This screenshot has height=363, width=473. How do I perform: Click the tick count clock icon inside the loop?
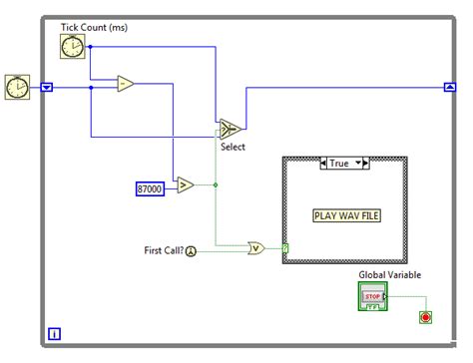[73, 47]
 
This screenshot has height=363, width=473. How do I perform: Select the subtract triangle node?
[126, 85]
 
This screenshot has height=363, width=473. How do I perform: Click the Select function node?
[231, 129]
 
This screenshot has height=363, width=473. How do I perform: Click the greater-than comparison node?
[186, 184]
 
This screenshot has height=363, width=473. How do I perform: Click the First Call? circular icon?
[192, 251]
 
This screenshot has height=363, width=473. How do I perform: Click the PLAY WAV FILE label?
[344, 213]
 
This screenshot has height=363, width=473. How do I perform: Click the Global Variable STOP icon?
[372, 297]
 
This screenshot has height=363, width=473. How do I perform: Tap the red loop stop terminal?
[427, 317]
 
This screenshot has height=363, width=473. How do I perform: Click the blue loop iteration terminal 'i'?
[54, 333]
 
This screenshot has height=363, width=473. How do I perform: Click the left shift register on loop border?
[47, 87]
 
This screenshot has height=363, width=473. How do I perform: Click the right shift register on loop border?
[449, 87]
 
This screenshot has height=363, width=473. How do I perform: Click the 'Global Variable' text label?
[391, 274]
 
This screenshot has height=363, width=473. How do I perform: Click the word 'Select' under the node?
[233, 147]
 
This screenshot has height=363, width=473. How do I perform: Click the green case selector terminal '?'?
[285, 249]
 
